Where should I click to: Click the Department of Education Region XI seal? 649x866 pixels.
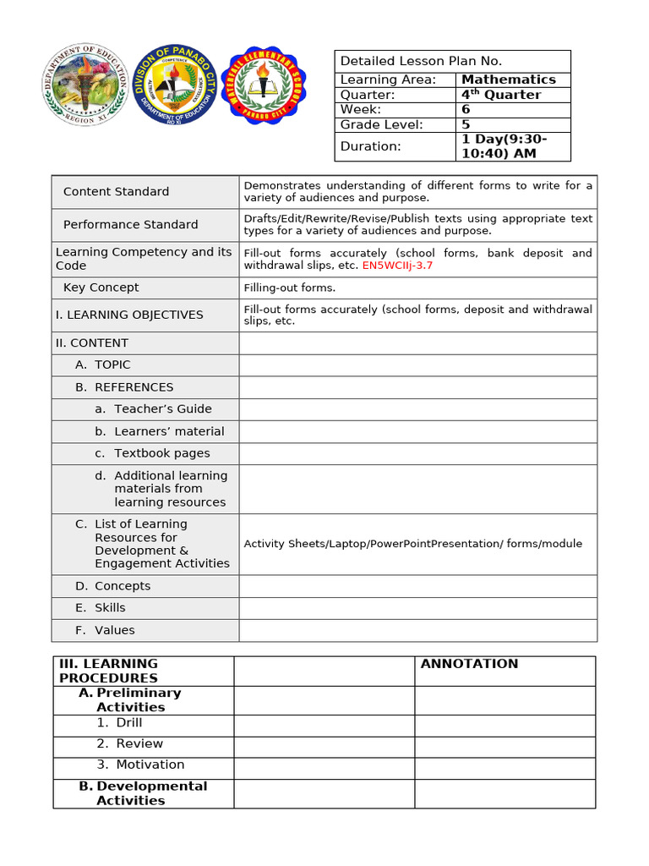85,85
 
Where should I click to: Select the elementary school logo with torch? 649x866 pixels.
265,85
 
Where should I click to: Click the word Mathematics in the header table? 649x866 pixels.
508,79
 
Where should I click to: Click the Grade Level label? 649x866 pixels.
381,124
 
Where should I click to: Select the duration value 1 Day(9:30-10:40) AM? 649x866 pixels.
504,146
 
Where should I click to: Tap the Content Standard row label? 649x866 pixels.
116,192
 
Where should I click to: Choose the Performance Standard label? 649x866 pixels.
130,225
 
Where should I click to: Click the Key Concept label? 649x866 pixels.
101,288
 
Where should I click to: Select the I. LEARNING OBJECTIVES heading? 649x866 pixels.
129,315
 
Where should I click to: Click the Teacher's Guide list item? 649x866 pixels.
162,409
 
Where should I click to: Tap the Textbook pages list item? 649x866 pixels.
161,453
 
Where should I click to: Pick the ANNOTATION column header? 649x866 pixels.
469,664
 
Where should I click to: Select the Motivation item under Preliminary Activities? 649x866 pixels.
150,765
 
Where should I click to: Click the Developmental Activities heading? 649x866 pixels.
151,793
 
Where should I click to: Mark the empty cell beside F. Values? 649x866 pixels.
417,630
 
